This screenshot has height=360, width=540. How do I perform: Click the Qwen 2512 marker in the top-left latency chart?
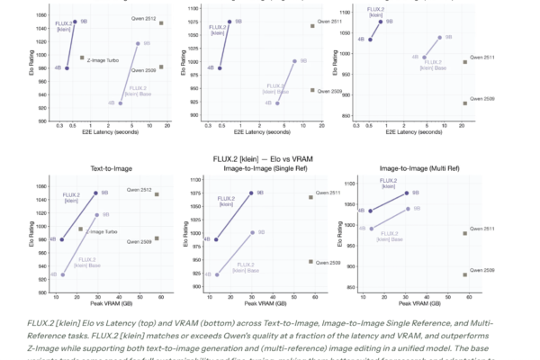[161, 23]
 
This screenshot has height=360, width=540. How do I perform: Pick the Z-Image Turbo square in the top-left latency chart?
[82, 58]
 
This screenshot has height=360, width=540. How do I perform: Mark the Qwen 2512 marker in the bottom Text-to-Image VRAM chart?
[157, 194]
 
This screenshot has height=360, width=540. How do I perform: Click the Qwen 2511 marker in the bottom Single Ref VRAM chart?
[310, 197]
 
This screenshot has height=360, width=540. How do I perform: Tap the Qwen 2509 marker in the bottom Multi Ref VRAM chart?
[465, 274]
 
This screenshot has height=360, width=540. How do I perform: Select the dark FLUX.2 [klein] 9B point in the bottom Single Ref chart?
[251, 193]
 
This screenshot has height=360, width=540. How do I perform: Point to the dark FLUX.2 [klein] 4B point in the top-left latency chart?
[67, 68]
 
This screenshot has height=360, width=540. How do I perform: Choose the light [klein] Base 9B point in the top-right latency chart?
[440, 38]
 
